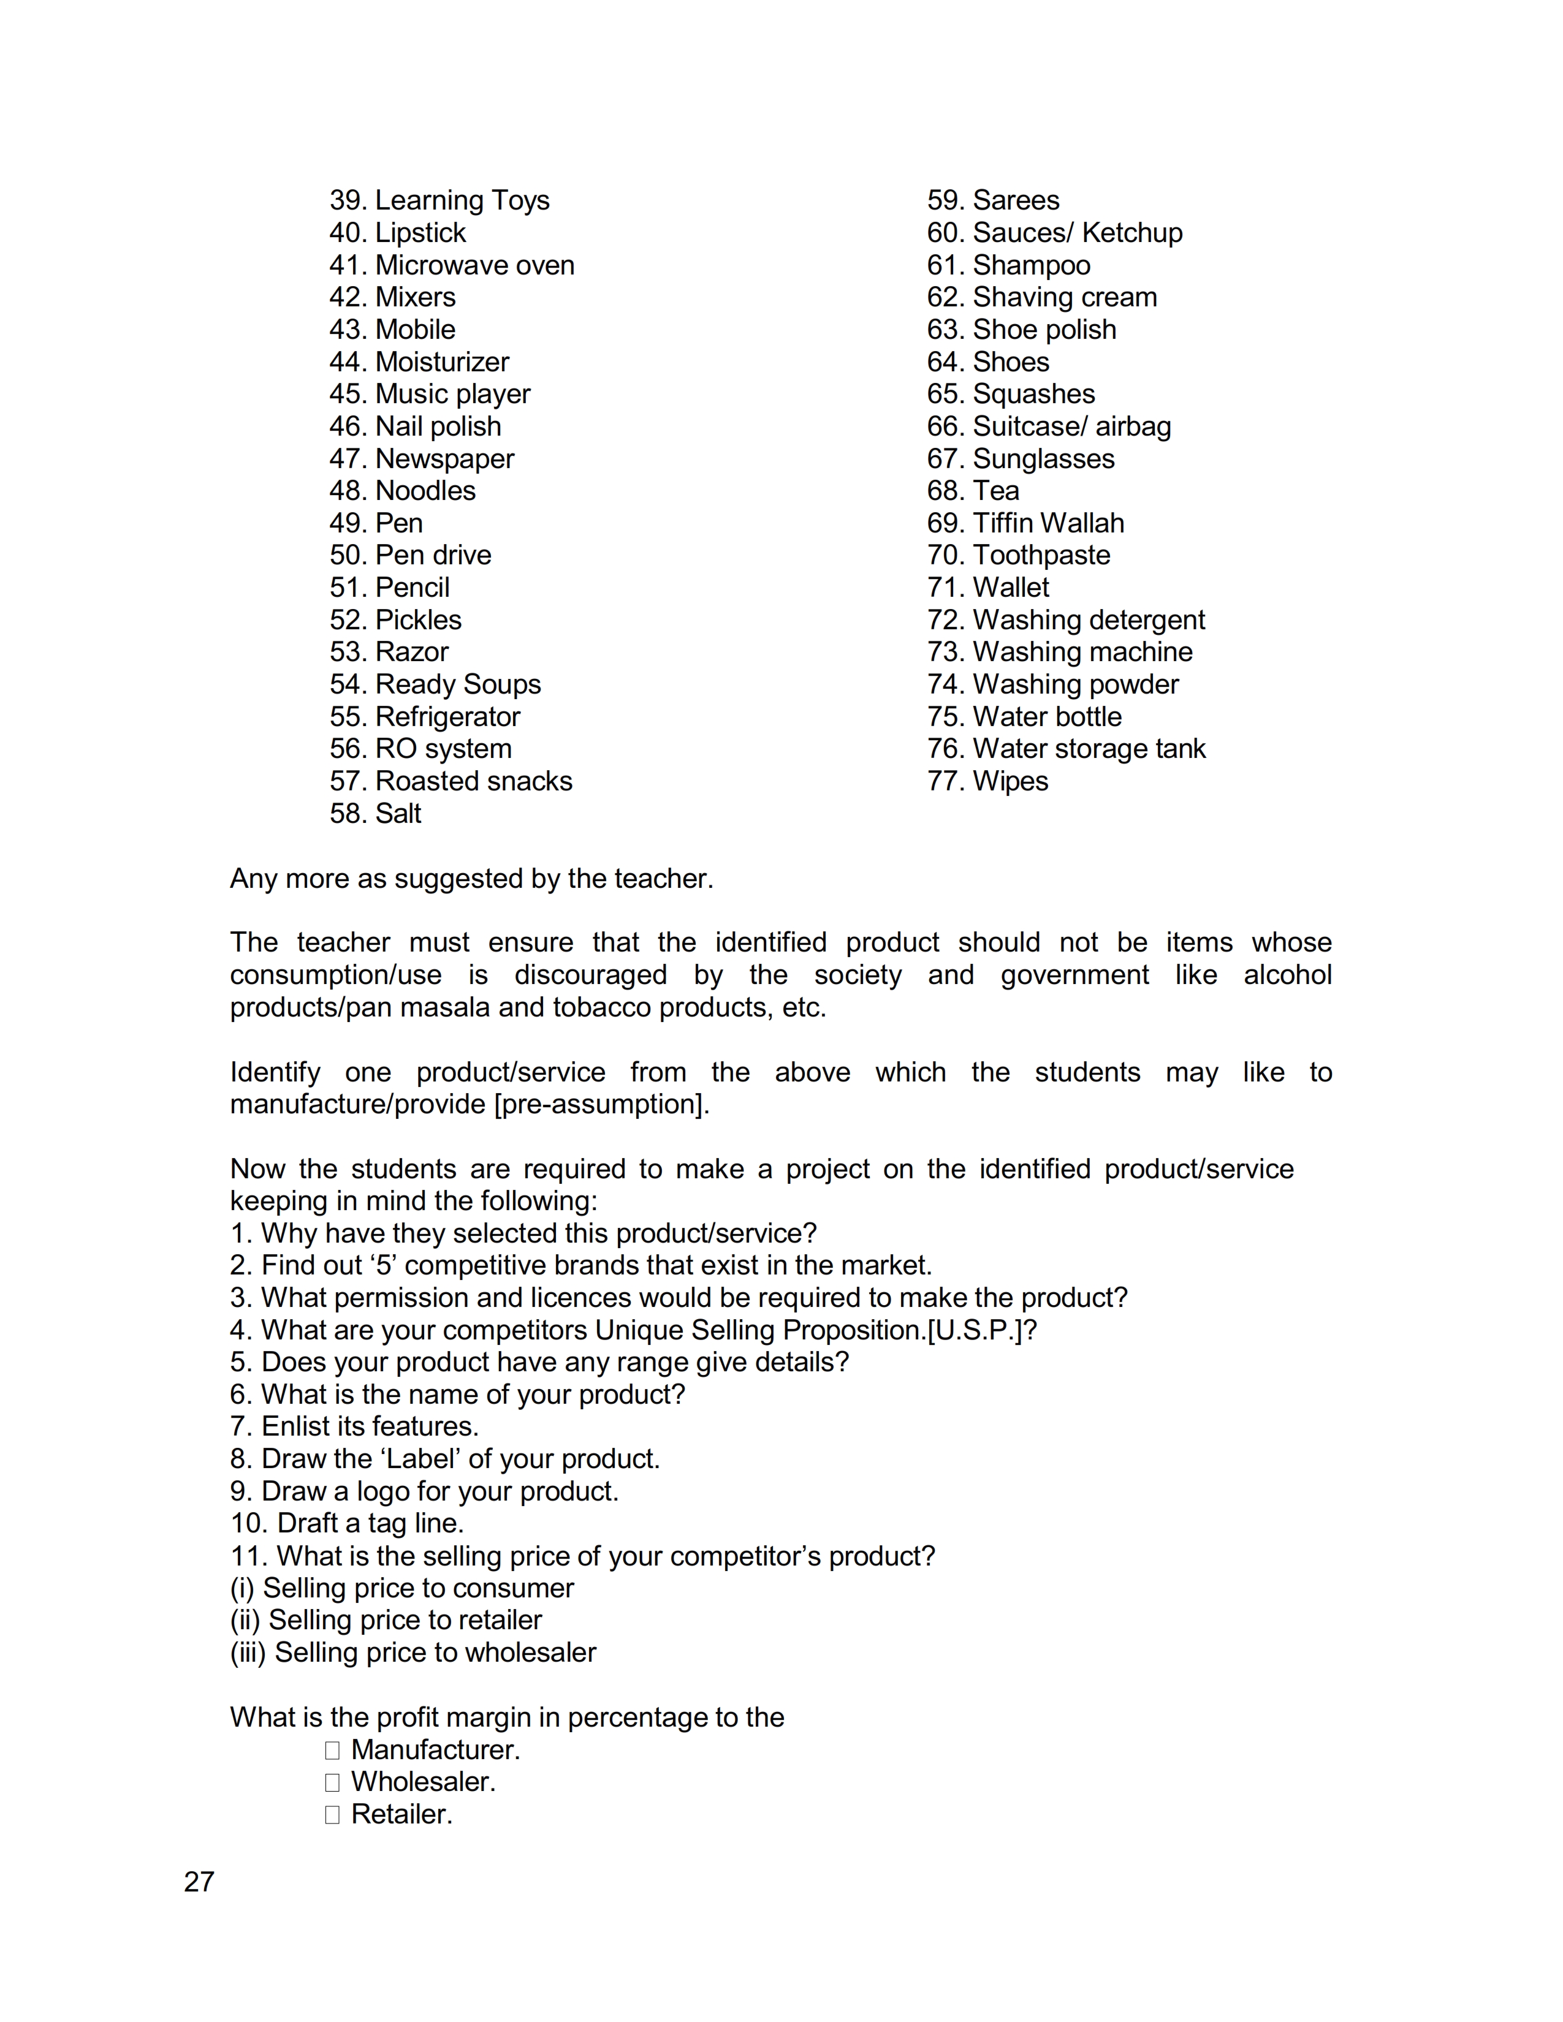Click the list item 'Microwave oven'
click(x=452, y=266)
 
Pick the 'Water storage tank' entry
click(x=1066, y=749)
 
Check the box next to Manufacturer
click(x=332, y=1751)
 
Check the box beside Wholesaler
click(x=332, y=1782)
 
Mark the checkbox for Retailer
click(x=332, y=1815)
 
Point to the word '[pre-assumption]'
click(x=601, y=1105)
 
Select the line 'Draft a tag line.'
click(x=347, y=1524)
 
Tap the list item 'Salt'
click(x=375, y=814)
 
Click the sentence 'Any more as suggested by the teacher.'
click(x=471, y=879)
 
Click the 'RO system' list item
click(x=420, y=749)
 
